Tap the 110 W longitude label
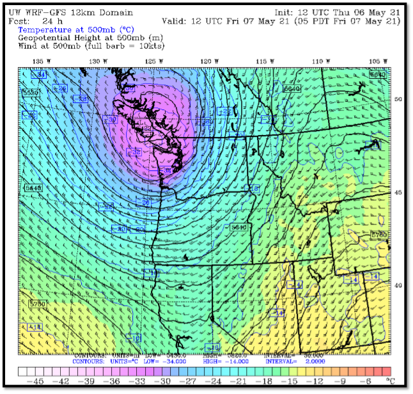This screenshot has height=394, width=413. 318,61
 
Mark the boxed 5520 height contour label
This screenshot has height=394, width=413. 30,93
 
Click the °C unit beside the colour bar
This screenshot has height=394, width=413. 392,381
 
